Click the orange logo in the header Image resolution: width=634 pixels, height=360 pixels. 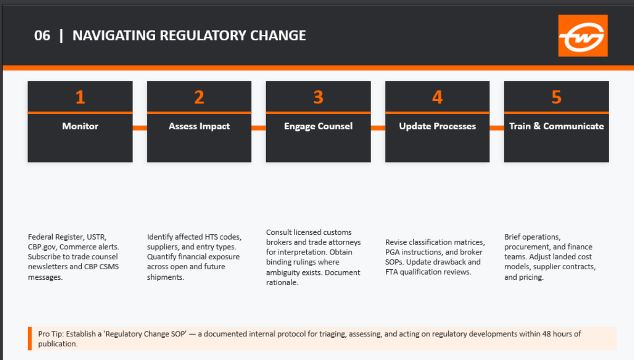point(583,35)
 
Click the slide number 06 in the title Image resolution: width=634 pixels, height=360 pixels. point(42,35)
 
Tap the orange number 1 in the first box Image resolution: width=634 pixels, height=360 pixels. point(80,97)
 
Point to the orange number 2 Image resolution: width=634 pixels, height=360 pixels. point(199,97)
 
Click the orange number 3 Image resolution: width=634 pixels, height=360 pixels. point(318,97)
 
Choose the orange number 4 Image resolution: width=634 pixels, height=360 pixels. point(437,97)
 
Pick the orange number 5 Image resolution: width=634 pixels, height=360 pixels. point(556,97)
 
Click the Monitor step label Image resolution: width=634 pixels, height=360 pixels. point(80,126)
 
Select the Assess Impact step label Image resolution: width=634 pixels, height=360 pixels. point(199,126)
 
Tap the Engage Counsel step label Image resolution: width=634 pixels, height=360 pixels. point(318,126)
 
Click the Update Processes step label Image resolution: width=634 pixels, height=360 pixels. point(437,126)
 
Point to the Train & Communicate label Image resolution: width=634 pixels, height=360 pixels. point(556,126)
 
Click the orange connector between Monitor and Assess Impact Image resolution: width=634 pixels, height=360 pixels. point(139,128)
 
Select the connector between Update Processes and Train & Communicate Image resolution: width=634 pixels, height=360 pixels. point(497,128)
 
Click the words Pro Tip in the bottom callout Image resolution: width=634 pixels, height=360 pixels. point(50,334)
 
